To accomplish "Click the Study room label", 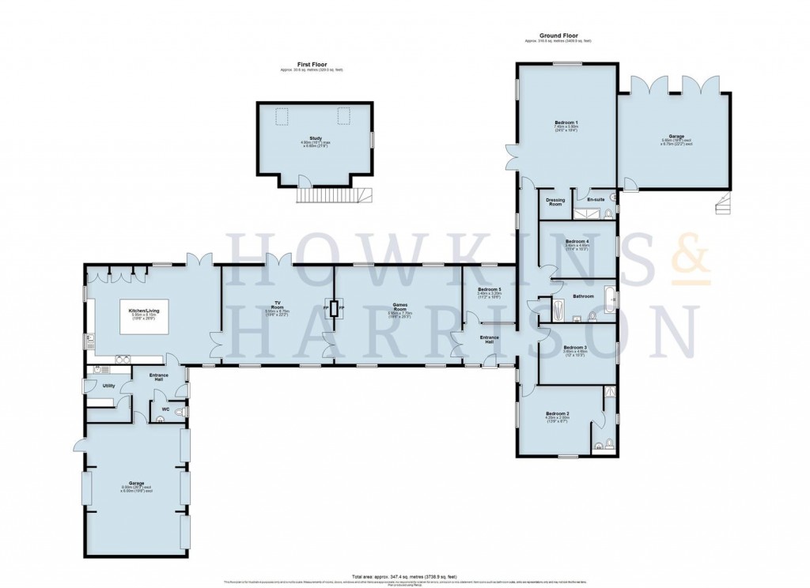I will [x=315, y=138].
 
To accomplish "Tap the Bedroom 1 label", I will [x=566, y=122].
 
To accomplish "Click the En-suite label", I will [x=595, y=199].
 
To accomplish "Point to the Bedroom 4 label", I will [x=577, y=241].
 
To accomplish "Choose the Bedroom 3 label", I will [x=575, y=348].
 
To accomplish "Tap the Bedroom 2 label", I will [x=557, y=413].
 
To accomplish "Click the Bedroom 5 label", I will [x=489, y=289].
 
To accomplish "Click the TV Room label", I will [x=278, y=303].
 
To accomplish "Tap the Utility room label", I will [x=108, y=386].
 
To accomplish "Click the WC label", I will [x=165, y=409].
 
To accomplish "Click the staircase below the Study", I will [x=332, y=194].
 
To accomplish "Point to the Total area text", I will [x=405, y=576].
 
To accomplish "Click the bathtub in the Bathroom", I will [x=608, y=300].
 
